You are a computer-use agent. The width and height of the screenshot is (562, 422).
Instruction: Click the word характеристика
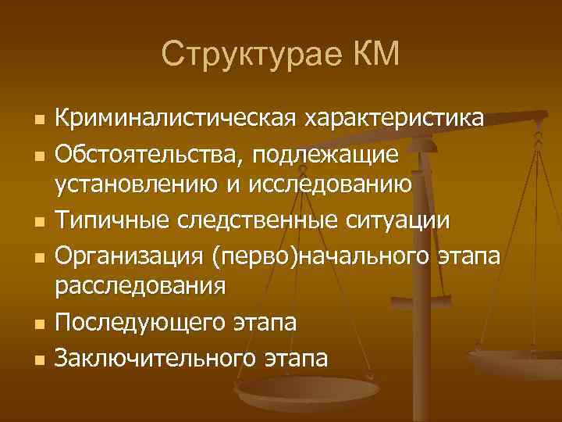[x=395, y=119]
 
